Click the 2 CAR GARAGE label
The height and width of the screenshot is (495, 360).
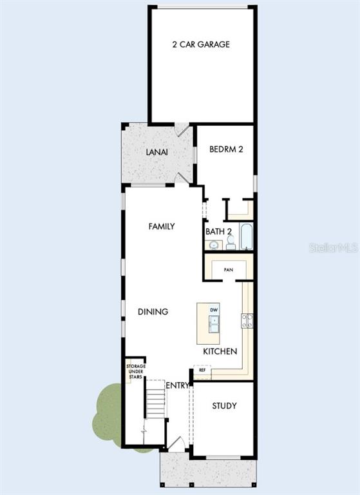click(x=201, y=44)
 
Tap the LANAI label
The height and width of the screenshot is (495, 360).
click(x=156, y=152)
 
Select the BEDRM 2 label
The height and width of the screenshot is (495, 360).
click(x=226, y=149)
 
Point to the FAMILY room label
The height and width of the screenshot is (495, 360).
click(x=162, y=226)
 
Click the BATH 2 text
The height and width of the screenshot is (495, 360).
click(x=219, y=231)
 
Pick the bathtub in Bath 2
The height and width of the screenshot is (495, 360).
click(x=247, y=237)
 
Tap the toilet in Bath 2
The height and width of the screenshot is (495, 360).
click(x=231, y=243)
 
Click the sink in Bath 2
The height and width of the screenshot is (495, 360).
click(x=214, y=245)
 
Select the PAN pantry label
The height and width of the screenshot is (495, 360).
click(x=229, y=270)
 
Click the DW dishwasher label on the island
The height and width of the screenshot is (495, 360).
click(x=214, y=310)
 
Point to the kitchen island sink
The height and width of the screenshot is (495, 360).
click(x=214, y=324)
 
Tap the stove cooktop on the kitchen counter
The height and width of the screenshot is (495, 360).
click(x=247, y=321)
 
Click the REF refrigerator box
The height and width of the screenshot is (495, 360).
click(x=202, y=370)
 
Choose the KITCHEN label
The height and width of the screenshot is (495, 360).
click(x=220, y=351)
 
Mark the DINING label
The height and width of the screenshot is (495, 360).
click(x=153, y=311)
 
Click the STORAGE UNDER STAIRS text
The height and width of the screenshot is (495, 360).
click(x=136, y=371)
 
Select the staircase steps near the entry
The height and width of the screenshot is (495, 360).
click(x=156, y=400)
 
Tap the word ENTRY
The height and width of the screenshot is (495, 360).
click(x=178, y=385)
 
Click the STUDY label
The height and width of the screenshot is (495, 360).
click(x=224, y=405)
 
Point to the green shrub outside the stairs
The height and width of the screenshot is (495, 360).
click(x=108, y=414)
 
